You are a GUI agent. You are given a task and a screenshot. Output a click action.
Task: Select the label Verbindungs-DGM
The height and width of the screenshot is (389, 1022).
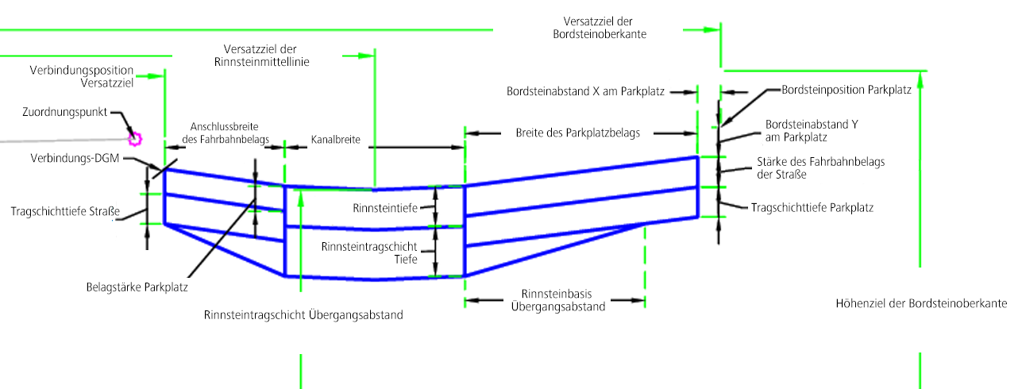pyautogui.click(x=75, y=159)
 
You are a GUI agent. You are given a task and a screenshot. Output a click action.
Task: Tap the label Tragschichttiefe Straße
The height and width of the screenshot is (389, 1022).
pyautogui.click(x=65, y=212)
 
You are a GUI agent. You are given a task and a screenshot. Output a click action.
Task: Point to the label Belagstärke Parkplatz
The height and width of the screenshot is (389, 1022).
pyautogui.click(x=137, y=287)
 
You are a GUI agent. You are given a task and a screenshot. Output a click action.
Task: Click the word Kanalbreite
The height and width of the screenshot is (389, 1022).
pyautogui.click(x=336, y=140)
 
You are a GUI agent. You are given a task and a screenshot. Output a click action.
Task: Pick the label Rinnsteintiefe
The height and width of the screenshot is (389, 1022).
pyautogui.click(x=384, y=208)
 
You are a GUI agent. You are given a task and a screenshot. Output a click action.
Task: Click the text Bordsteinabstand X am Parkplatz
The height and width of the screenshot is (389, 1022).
pyautogui.click(x=585, y=91)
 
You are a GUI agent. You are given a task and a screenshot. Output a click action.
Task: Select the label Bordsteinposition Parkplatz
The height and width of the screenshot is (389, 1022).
pyautogui.click(x=846, y=91)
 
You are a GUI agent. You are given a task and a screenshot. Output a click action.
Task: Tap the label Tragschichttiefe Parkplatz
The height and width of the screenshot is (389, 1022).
pyautogui.click(x=812, y=207)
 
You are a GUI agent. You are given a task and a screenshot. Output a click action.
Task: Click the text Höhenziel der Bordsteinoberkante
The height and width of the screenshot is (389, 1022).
pyautogui.click(x=921, y=304)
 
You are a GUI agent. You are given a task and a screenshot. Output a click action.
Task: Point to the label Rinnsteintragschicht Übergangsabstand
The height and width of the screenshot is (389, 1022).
pyautogui.click(x=303, y=315)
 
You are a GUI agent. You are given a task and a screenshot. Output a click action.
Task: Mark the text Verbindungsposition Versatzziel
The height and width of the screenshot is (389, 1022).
pyautogui.click(x=82, y=75)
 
